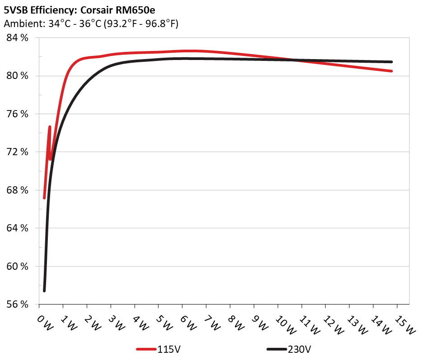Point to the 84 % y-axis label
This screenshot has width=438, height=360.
click(18, 38)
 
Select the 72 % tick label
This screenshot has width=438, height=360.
click(18, 152)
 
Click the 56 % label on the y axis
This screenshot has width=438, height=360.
click(18, 304)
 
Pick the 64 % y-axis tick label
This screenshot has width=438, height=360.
click(18, 228)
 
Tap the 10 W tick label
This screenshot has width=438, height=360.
click(285, 324)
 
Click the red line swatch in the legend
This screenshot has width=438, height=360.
click(147, 349)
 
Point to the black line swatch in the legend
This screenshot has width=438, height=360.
click(276, 349)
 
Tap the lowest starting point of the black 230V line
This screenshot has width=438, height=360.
click(44, 291)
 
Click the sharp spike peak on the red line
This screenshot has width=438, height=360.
click(50, 127)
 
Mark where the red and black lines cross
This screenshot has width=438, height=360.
click(296, 60)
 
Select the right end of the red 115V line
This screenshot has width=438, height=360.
click(391, 71)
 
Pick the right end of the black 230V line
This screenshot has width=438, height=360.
click(391, 62)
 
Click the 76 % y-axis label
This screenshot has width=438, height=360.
click(18, 114)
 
